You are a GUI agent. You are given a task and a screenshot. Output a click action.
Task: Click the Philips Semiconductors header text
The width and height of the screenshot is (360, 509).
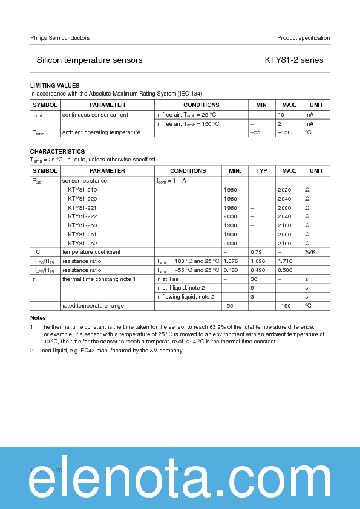[60, 38]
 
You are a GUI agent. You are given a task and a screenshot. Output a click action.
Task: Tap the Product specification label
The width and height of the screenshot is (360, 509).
[303, 38]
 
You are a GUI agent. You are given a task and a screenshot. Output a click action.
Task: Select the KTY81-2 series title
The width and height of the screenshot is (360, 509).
[294, 60]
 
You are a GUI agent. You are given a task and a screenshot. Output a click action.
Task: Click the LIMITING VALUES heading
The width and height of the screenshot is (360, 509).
[55, 86]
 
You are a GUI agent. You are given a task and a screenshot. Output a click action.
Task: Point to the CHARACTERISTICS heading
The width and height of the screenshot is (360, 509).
[57, 151]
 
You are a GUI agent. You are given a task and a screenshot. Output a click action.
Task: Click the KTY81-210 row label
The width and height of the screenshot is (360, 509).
[82, 190]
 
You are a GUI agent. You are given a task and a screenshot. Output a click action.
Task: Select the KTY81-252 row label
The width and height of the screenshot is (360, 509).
[82, 243]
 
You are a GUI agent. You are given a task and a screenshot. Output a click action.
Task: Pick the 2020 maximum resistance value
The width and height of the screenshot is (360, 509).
[284, 190]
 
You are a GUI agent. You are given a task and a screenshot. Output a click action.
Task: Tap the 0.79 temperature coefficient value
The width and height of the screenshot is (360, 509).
[256, 252]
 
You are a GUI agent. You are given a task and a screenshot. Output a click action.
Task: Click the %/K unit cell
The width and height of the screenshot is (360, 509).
[310, 252]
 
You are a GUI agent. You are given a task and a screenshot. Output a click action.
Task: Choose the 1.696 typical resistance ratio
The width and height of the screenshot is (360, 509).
[258, 261]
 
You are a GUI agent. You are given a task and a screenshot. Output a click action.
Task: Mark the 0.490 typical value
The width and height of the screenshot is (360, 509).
[258, 270]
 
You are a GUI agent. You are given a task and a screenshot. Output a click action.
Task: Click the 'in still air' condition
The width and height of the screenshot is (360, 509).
[168, 279]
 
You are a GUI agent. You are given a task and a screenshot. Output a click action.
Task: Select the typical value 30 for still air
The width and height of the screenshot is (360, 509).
[255, 279]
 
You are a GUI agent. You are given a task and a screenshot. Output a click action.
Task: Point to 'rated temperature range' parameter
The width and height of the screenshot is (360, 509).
[93, 306]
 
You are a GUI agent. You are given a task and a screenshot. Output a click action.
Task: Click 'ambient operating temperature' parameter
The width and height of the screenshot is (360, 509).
[101, 132]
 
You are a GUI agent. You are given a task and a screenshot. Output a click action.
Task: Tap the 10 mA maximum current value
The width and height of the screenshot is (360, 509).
[281, 115]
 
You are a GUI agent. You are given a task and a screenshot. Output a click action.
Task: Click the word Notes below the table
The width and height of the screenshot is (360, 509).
[38, 318]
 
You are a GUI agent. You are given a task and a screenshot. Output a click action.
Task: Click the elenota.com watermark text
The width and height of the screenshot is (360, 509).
[180, 481]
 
